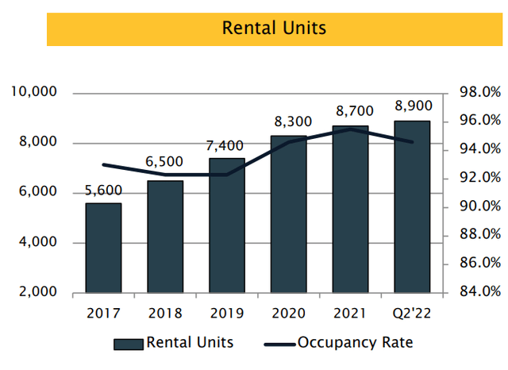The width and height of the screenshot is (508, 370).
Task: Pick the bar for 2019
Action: [x=226, y=225]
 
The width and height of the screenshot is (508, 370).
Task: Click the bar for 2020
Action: [x=288, y=214]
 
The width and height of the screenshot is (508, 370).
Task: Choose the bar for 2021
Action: [x=350, y=210]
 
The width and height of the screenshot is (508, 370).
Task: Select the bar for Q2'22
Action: [x=411, y=207]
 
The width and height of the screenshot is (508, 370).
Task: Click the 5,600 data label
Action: [x=104, y=191]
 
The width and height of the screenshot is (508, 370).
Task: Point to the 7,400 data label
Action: [x=227, y=145]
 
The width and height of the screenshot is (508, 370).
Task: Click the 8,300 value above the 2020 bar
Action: [x=289, y=123]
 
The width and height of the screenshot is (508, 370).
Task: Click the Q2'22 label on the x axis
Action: [x=412, y=313]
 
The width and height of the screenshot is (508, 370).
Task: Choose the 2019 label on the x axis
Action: [x=227, y=313]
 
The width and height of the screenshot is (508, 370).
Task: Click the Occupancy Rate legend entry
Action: [x=355, y=343]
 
